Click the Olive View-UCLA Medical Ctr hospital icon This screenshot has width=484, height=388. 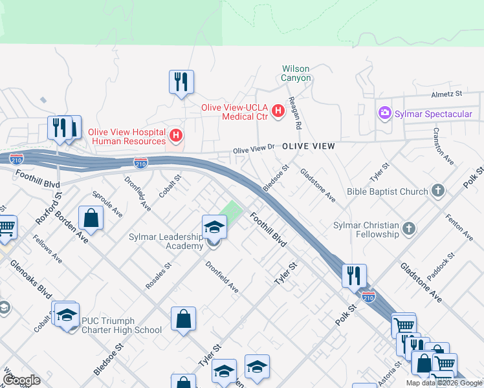click(x=278, y=111)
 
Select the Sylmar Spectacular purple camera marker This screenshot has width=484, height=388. click(x=385, y=114)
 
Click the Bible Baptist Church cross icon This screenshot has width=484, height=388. click(x=438, y=191)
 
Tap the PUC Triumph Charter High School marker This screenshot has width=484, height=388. click(x=67, y=315)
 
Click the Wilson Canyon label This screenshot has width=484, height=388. click(x=296, y=73)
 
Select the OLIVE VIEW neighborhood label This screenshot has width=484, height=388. click(x=309, y=147)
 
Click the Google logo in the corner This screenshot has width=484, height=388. click(x=21, y=380)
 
